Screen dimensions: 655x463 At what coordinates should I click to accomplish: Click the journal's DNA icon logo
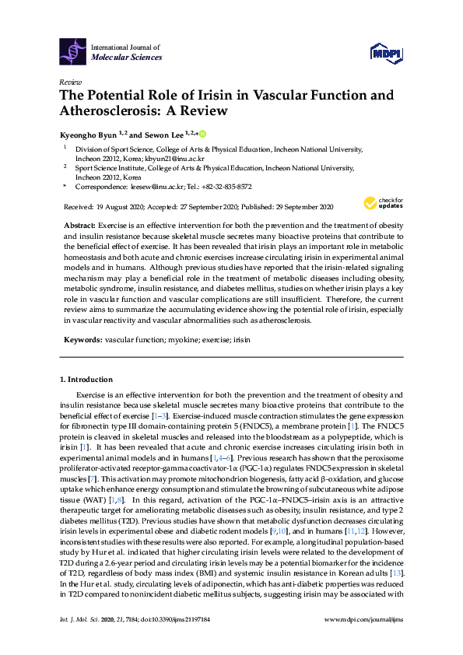72,51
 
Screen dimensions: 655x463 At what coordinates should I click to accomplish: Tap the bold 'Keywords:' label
82,340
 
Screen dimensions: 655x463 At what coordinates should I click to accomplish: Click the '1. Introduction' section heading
86,380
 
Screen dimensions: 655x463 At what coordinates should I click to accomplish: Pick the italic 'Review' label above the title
69,82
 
